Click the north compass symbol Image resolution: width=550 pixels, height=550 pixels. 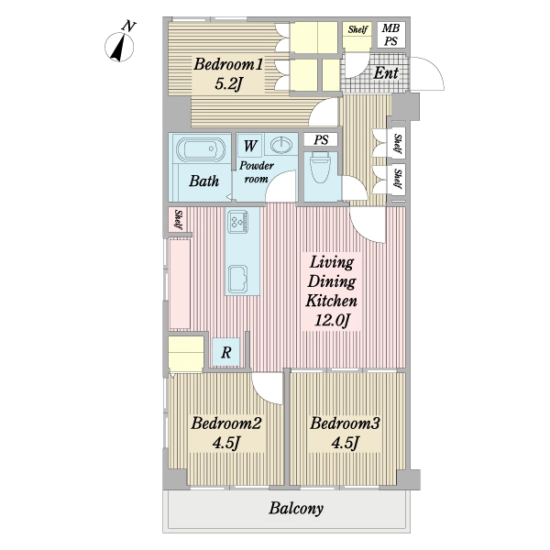pyautogui.click(x=119, y=47)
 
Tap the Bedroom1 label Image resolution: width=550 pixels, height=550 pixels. pyautogui.click(x=228, y=64)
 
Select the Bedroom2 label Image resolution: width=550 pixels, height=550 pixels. pyautogui.click(x=225, y=423)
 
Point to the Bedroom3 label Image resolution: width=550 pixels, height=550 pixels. pyautogui.click(x=345, y=423)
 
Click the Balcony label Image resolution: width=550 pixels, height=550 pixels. pyautogui.click(x=296, y=508)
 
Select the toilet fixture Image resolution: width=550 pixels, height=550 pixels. pyautogui.click(x=320, y=168)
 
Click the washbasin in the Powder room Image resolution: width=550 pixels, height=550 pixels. pyautogui.click(x=281, y=144)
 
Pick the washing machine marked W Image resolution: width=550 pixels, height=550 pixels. pyautogui.click(x=249, y=146)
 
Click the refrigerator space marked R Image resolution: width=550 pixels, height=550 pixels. pyautogui.click(x=226, y=352)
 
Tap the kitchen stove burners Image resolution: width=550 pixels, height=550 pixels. pyautogui.click(x=238, y=221)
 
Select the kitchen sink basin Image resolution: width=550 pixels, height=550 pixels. pyautogui.click(x=238, y=279)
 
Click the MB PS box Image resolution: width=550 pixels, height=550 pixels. pyautogui.click(x=391, y=35)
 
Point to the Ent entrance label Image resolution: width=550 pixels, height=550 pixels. pyautogui.click(x=386, y=73)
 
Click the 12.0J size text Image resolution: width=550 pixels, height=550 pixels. pyautogui.click(x=332, y=320)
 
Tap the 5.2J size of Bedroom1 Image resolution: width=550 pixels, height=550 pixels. pyautogui.click(x=228, y=83)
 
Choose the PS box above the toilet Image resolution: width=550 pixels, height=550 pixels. pyautogui.click(x=321, y=139)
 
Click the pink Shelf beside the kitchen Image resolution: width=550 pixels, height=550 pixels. pyautogui.click(x=178, y=220)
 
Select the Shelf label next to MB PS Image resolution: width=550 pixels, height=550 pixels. pyautogui.click(x=357, y=29)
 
